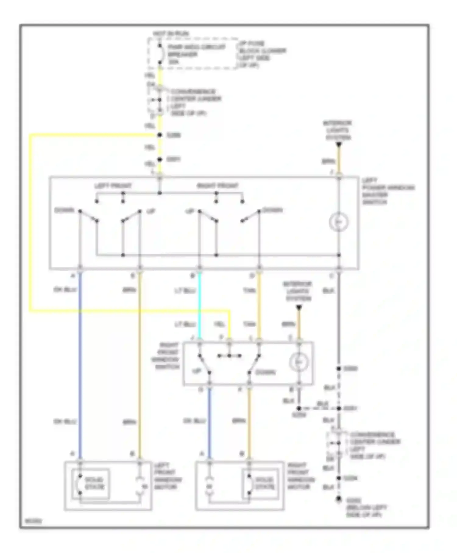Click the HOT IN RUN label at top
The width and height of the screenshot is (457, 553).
pyautogui.click(x=171, y=33)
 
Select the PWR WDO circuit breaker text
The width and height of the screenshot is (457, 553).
pyautogui.click(x=197, y=54)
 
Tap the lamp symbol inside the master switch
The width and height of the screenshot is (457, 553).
pyautogui.click(x=338, y=222)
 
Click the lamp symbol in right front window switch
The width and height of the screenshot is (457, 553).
pyautogui.click(x=299, y=362)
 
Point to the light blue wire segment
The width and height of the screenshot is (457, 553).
pyautogui.click(x=200, y=305)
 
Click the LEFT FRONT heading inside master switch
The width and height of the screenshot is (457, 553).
pyautogui.click(x=113, y=186)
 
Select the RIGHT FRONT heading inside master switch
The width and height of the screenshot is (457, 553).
pyautogui.click(x=218, y=186)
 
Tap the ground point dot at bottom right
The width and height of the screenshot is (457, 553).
pyautogui.click(x=338, y=499)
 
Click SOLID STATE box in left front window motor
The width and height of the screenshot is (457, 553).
pyautogui.click(x=90, y=484)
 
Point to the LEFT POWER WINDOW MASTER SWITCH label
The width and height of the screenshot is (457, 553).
pyautogui.click(x=388, y=191)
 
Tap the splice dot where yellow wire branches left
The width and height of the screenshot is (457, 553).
pyautogui.click(x=159, y=135)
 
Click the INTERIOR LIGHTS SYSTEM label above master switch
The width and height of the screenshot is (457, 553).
pyautogui.click(x=338, y=130)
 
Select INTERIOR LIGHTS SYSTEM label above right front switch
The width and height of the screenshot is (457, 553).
pyautogui.click(x=298, y=291)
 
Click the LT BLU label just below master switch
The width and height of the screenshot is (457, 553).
pyautogui.click(x=185, y=291)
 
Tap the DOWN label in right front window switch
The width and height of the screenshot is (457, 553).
pyautogui.click(x=265, y=372)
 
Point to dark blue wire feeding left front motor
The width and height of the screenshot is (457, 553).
pyautogui.click(x=80, y=366)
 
